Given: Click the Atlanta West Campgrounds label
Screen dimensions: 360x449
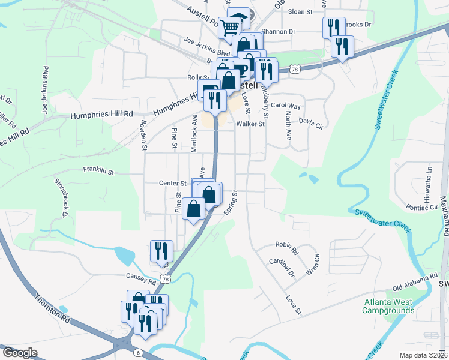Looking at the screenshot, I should pos(388,306).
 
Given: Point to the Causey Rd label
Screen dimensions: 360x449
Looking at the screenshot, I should pos(141,277).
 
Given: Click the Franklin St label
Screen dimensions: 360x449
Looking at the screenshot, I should pos(98,171).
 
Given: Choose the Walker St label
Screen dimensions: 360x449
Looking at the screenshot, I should pos(250,124).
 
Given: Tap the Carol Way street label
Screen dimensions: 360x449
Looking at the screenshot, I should pos(285,106).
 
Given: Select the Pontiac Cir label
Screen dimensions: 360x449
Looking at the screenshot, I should pos(421,207).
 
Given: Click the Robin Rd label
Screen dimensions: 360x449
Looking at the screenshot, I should pos(287,245).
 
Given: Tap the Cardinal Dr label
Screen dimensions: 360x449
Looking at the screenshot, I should pos(282,267).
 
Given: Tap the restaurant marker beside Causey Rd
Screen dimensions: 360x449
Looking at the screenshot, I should pos(161,251).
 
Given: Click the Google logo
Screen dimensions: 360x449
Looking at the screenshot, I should pos(20,353).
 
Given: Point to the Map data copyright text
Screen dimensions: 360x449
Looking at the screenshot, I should pos(424,355).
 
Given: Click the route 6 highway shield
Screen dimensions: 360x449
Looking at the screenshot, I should pos(139,353).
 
